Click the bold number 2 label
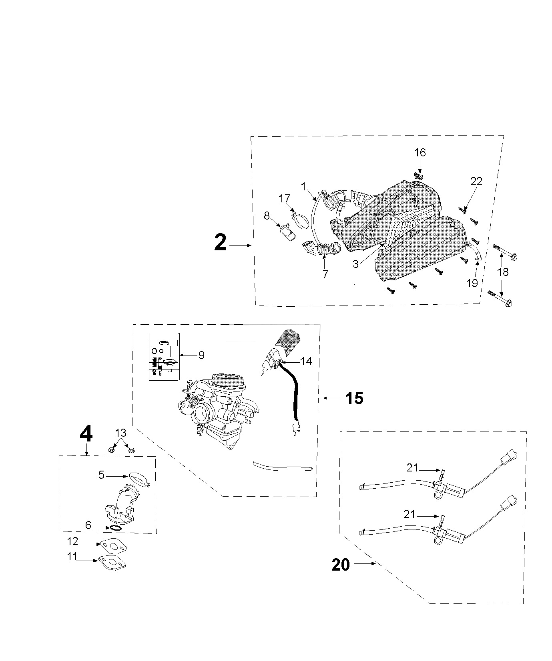point(220,243)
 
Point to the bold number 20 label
point(341,565)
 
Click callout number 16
point(420,152)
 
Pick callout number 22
point(476,181)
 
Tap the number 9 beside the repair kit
point(201,355)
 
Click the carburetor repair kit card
point(164,357)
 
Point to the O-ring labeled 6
point(115,528)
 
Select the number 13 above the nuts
point(121,433)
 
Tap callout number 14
point(306,361)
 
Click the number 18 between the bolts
point(503,272)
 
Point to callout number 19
point(472,283)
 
